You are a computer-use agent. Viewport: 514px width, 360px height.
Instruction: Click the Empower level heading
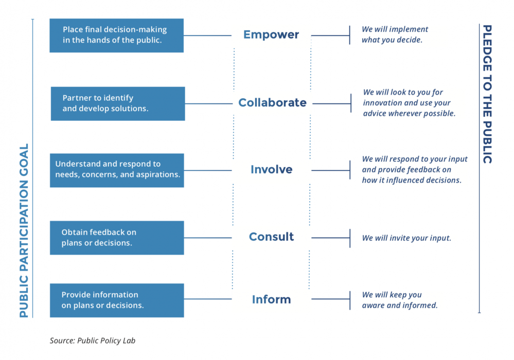click(271, 35)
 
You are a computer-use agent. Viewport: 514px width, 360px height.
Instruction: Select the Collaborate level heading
click(272, 102)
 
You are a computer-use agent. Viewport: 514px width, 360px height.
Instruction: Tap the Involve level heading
click(272, 169)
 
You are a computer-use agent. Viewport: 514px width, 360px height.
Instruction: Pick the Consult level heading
click(272, 237)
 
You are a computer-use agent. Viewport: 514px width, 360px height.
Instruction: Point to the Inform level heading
click(272, 299)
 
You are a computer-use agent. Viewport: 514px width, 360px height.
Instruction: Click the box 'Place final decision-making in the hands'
click(116, 35)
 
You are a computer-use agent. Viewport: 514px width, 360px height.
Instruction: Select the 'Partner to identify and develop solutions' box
click(118, 103)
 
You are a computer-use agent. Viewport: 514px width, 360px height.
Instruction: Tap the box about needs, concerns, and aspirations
click(117, 170)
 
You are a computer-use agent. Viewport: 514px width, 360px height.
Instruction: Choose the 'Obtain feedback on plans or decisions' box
click(117, 238)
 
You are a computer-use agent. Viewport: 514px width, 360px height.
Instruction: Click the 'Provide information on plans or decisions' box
click(117, 300)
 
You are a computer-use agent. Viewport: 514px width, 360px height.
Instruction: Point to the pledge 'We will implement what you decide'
click(395, 34)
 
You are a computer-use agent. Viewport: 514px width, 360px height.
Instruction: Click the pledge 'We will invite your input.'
click(406, 238)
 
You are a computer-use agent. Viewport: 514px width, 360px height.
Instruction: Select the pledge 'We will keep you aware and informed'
click(400, 300)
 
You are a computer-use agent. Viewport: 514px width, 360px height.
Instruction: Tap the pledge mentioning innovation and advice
click(409, 103)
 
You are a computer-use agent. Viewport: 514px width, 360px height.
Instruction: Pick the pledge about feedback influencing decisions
click(415, 169)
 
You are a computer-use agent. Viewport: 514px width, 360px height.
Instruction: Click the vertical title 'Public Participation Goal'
click(24, 230)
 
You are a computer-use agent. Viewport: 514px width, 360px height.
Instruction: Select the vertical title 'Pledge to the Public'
click(487, 94)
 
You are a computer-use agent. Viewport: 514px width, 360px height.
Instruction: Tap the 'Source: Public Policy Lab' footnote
click(93, 340)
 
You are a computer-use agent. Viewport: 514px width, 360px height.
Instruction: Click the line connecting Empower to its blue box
click(207, 35)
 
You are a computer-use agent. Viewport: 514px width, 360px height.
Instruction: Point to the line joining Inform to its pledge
click(331, 299)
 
